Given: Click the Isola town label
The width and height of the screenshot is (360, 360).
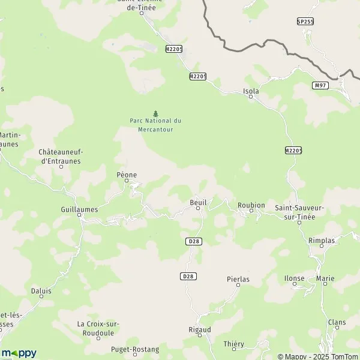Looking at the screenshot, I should pyautogui.click(x=251, y=91).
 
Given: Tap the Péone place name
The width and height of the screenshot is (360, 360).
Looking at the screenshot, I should pyautogui.click(x=127, y=175).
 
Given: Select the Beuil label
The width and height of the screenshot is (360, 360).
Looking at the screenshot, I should pyautogui.click(x=198, y=202).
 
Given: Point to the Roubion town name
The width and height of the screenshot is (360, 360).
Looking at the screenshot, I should pyautogui.click(x=251, y=205).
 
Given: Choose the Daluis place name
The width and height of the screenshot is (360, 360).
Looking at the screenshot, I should pyautogui.click(x=41, y=290).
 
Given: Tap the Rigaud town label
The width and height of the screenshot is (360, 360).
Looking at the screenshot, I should pyautogui.click(x=200, y=329).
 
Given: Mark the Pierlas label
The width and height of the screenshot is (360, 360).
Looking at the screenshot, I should pyautogui.click(x=238, y=279).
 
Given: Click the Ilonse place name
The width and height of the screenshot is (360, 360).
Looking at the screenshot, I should pyautogui.click(x=294, y=278).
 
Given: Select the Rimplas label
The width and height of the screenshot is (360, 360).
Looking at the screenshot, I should pyautogui.click(x=338, y=240).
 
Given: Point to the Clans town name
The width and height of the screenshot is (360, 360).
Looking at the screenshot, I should pyautogui.click(x=337, y=322).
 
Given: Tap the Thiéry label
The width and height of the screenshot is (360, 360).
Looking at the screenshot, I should pyautogui.click(x=233, y=344).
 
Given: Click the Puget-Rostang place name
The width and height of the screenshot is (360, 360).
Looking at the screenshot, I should pyautogui.click(x=135, y=349).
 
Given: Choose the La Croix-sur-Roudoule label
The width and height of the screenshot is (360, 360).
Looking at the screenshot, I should pyautogui.click(x=98, y=328).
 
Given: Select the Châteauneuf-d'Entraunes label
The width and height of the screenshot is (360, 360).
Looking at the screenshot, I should pyautogui.click(x=59, y=157).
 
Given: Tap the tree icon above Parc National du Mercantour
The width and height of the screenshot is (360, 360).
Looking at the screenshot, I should pyautogui.click(x=155, y=113).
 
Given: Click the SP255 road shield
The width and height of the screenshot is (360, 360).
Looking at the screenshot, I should pyautogui.click(x=305, y=22).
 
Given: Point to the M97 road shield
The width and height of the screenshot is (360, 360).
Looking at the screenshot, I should pyautogui.click(x=320, y=86).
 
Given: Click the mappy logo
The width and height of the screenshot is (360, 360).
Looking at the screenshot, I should pyautogui.click(x=19, y=353).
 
